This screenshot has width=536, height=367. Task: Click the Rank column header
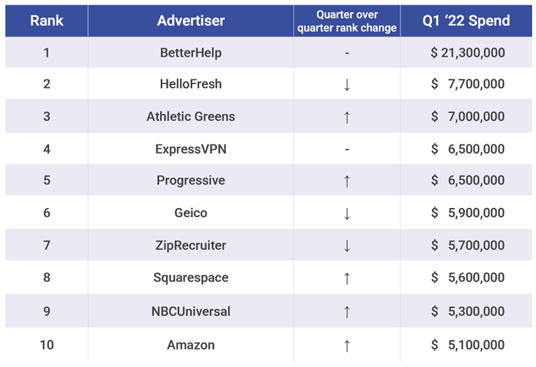pos(47,21)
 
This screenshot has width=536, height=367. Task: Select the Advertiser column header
pos(191,21)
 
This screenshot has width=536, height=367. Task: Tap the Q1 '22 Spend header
pos(466,21)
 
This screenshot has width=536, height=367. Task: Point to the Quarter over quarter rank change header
pos(347,21)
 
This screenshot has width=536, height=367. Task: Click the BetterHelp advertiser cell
pos(191,53)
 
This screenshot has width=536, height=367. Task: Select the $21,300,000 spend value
pos(467,53)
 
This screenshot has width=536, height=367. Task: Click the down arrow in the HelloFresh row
pos(347,85)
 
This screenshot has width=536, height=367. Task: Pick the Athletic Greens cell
pos(191,117)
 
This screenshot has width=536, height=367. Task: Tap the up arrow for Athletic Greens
pos(347,117)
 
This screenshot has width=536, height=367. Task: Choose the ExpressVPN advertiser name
pos(191,149)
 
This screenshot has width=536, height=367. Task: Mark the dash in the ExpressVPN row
pos(347,149)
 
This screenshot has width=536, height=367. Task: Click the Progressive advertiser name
pos(191,181)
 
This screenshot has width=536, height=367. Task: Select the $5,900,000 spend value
pos(467,213)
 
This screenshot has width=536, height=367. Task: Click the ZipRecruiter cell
pos(191,245)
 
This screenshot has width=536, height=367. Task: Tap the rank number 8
pos(47,278)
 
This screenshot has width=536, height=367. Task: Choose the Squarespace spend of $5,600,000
pos(467,278)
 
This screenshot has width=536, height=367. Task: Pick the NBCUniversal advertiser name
pos(191,311)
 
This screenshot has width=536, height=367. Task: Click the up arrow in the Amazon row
pos(347,345)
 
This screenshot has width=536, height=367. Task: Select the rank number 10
pos(47,345)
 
